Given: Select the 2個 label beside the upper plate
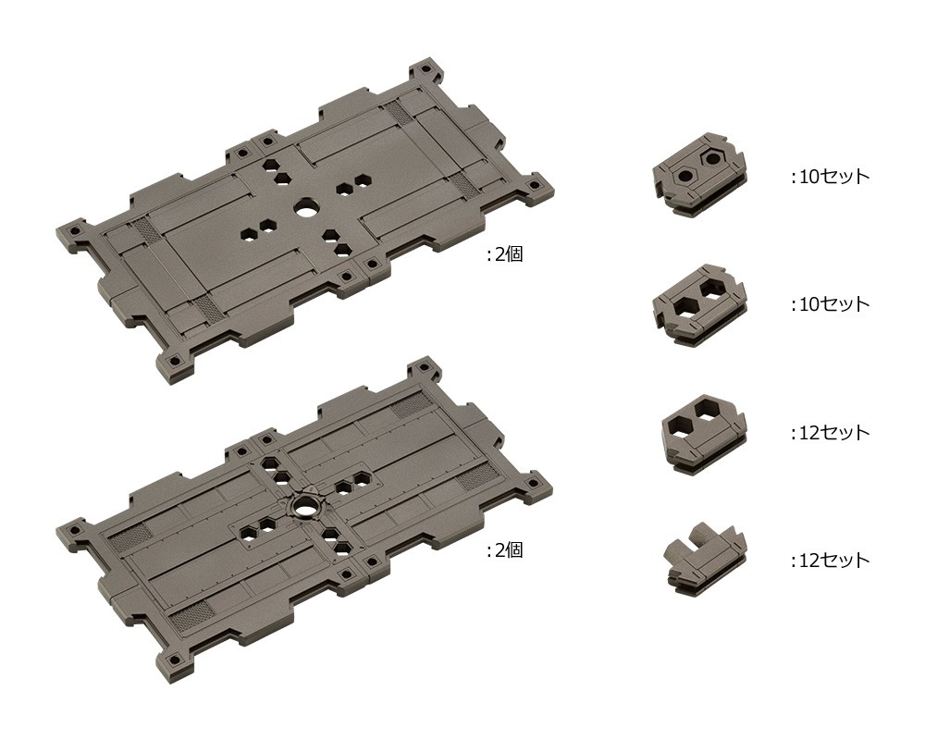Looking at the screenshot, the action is (504, 254).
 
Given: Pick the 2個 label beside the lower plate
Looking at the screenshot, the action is (504, 550).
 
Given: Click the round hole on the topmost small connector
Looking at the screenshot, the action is (685, 175).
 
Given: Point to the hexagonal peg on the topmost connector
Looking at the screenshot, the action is (712, 158).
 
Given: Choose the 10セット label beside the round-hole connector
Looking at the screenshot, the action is (831, 176).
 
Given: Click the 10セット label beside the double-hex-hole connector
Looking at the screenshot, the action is (831, 304).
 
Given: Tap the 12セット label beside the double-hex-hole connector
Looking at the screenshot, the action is (831, 433).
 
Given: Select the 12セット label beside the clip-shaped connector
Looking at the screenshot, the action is (831, 560).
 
